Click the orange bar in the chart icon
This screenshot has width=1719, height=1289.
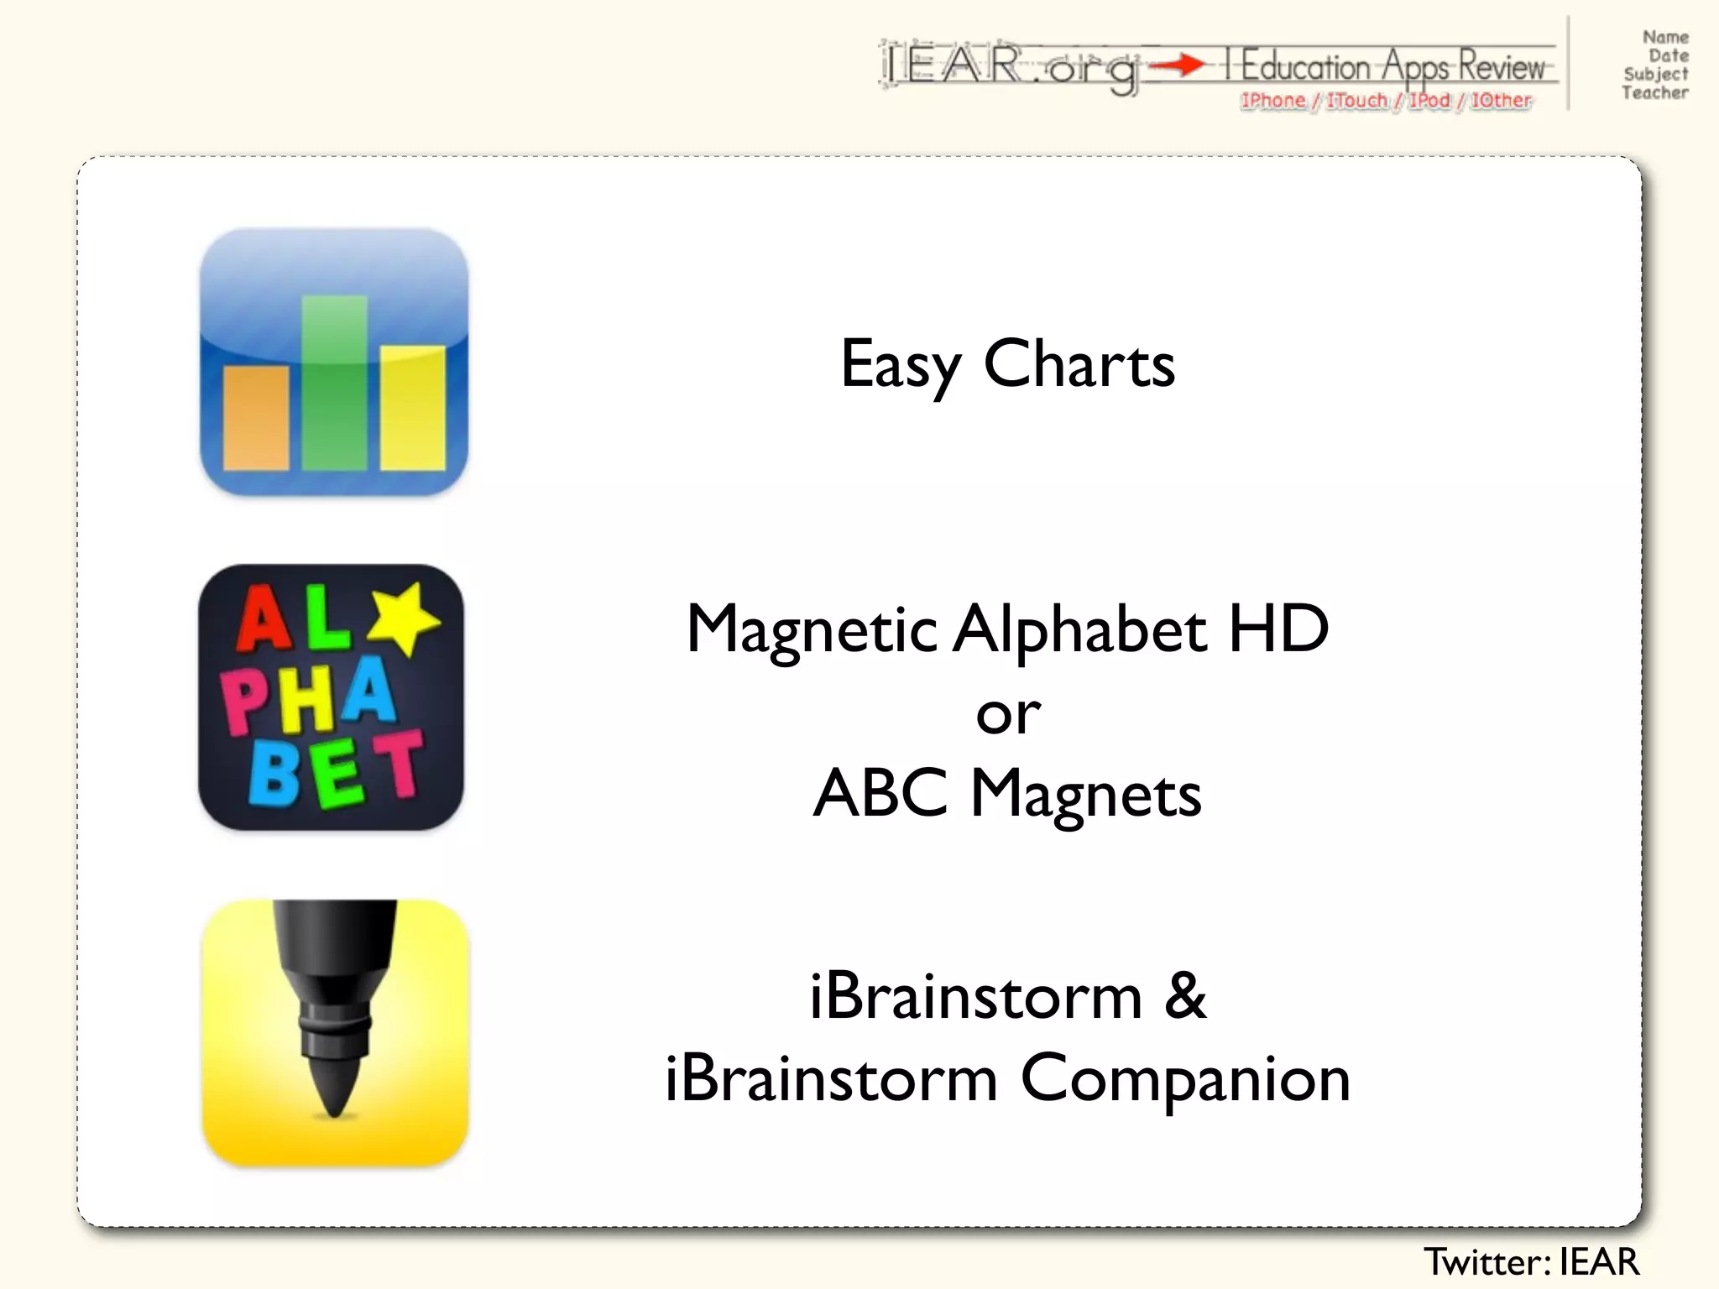[x=256, y=417]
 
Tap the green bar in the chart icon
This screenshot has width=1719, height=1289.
[x=334, y=382]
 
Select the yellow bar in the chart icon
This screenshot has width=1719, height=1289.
[x=412, y=408]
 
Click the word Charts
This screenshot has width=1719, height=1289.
[x=1079, y=365]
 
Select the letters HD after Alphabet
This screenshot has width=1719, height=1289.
[x=1278, y=629]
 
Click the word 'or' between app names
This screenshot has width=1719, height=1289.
[x=1008, y=715]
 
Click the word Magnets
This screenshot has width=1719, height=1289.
[x=1086, y=796]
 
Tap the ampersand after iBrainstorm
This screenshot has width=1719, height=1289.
[x=1185, y=996]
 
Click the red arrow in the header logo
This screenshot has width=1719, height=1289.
[x=1178, y=65]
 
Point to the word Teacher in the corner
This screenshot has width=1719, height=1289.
[x=1654, y=93]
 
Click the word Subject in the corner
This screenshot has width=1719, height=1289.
[x=1655, y=75]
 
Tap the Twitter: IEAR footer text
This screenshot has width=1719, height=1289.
[x=1531, y=1261]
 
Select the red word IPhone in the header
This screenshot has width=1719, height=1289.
[x=1272, y=101]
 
